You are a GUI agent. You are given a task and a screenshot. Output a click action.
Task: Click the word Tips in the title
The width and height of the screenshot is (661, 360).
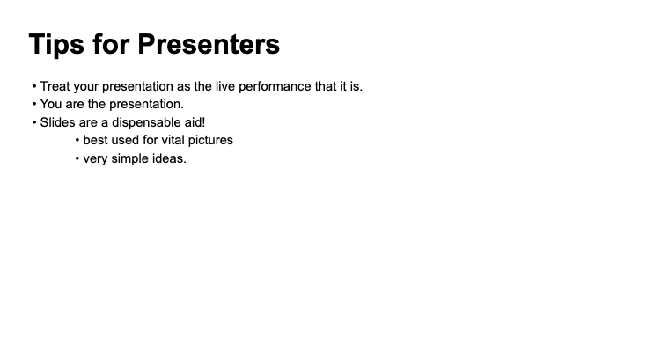pos(56,44)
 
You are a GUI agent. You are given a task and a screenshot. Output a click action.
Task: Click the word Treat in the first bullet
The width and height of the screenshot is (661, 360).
pos(55,86)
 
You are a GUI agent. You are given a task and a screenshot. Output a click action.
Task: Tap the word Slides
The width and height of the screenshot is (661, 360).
pos(57,122)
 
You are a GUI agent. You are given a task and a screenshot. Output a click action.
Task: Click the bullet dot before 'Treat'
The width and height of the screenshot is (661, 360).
pos(34,86)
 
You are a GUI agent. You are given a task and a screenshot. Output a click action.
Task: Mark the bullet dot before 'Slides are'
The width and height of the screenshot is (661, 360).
pos(34,122)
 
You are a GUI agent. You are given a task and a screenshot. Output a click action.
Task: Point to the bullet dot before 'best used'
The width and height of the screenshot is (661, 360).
pos(77,140)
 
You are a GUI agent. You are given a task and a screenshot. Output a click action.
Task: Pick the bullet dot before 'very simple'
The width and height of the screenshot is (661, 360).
pos(77,159)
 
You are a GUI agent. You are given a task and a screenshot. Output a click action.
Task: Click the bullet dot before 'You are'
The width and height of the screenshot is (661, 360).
pos(34,104)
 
